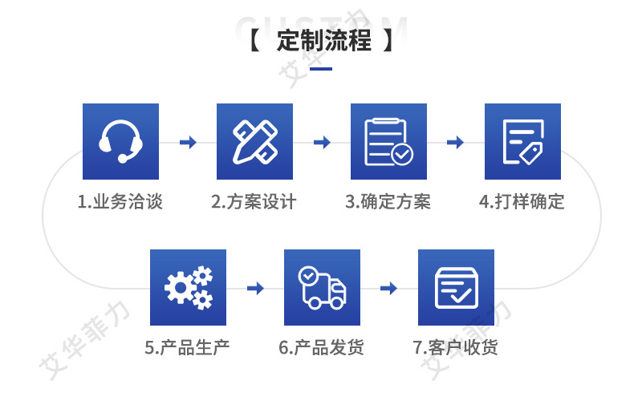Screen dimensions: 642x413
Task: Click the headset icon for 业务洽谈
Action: click(121, 141)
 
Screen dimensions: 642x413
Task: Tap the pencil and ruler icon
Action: click(255, 141)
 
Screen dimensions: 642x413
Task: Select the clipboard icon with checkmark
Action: click(388, 141)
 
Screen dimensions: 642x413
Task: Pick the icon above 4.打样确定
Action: click(522, 141)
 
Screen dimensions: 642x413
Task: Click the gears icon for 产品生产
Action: click(188, 288)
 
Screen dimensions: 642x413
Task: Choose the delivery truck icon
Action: click(322, 288)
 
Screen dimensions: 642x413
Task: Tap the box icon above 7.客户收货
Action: click(456, 288)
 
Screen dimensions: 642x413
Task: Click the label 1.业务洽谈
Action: click(120, 201)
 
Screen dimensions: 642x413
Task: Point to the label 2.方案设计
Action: click(254, 201)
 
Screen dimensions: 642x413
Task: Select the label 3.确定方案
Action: click(388, 201)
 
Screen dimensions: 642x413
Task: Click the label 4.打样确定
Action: click(522, 201)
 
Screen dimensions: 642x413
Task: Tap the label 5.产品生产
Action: click(188, 348)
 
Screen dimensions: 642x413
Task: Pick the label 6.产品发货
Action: click(322, 348)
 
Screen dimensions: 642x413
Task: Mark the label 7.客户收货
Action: click(456, 348)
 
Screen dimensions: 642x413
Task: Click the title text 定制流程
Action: click(324, 41)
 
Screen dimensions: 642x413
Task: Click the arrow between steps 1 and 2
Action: click(188, 143)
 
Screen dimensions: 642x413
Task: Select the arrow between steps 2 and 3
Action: click(322, 143)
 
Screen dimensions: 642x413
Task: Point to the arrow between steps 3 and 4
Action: click(455, 143)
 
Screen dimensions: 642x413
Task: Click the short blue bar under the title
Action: click(321, 69)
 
